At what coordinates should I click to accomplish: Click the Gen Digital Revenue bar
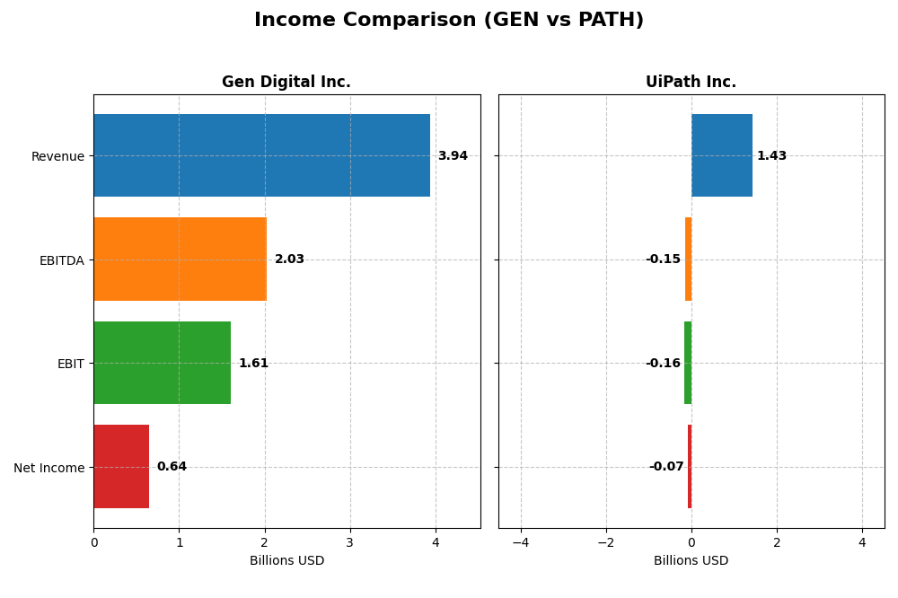[261, 155]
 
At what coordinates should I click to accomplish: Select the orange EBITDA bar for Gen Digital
[180, 259]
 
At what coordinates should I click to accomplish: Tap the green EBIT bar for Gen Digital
[162, 363]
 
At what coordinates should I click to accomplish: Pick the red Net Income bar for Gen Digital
[121, 467]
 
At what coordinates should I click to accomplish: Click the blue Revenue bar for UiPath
[722, 155]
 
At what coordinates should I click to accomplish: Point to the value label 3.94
[453, 156]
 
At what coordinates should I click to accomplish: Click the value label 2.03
[289, 259]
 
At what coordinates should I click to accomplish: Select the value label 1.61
[253, 364]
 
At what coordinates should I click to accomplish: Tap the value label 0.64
[172, 467]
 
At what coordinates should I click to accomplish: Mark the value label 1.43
[771, 156]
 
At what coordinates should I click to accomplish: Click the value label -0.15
[663, 259]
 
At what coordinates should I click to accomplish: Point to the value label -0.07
[666, 467]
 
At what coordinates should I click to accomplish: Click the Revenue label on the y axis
[57, 156]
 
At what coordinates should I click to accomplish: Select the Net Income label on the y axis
[48, 468]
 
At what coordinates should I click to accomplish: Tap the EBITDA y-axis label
[61, 260]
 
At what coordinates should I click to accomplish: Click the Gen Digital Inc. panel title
[286, 83]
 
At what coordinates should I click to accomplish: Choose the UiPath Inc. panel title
[691, 83]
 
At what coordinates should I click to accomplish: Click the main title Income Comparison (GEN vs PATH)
[449, 21]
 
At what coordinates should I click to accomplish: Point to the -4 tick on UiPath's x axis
[521, 542]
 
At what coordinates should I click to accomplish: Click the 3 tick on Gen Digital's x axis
[350, 542]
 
